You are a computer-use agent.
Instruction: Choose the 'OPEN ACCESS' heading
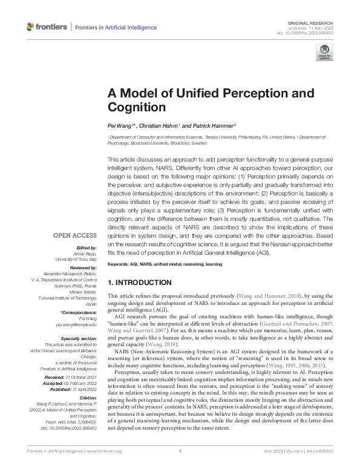tap(74, 235)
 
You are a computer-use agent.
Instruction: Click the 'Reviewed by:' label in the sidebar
tap(82, 266)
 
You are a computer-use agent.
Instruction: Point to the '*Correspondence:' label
tap(78, 312)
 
